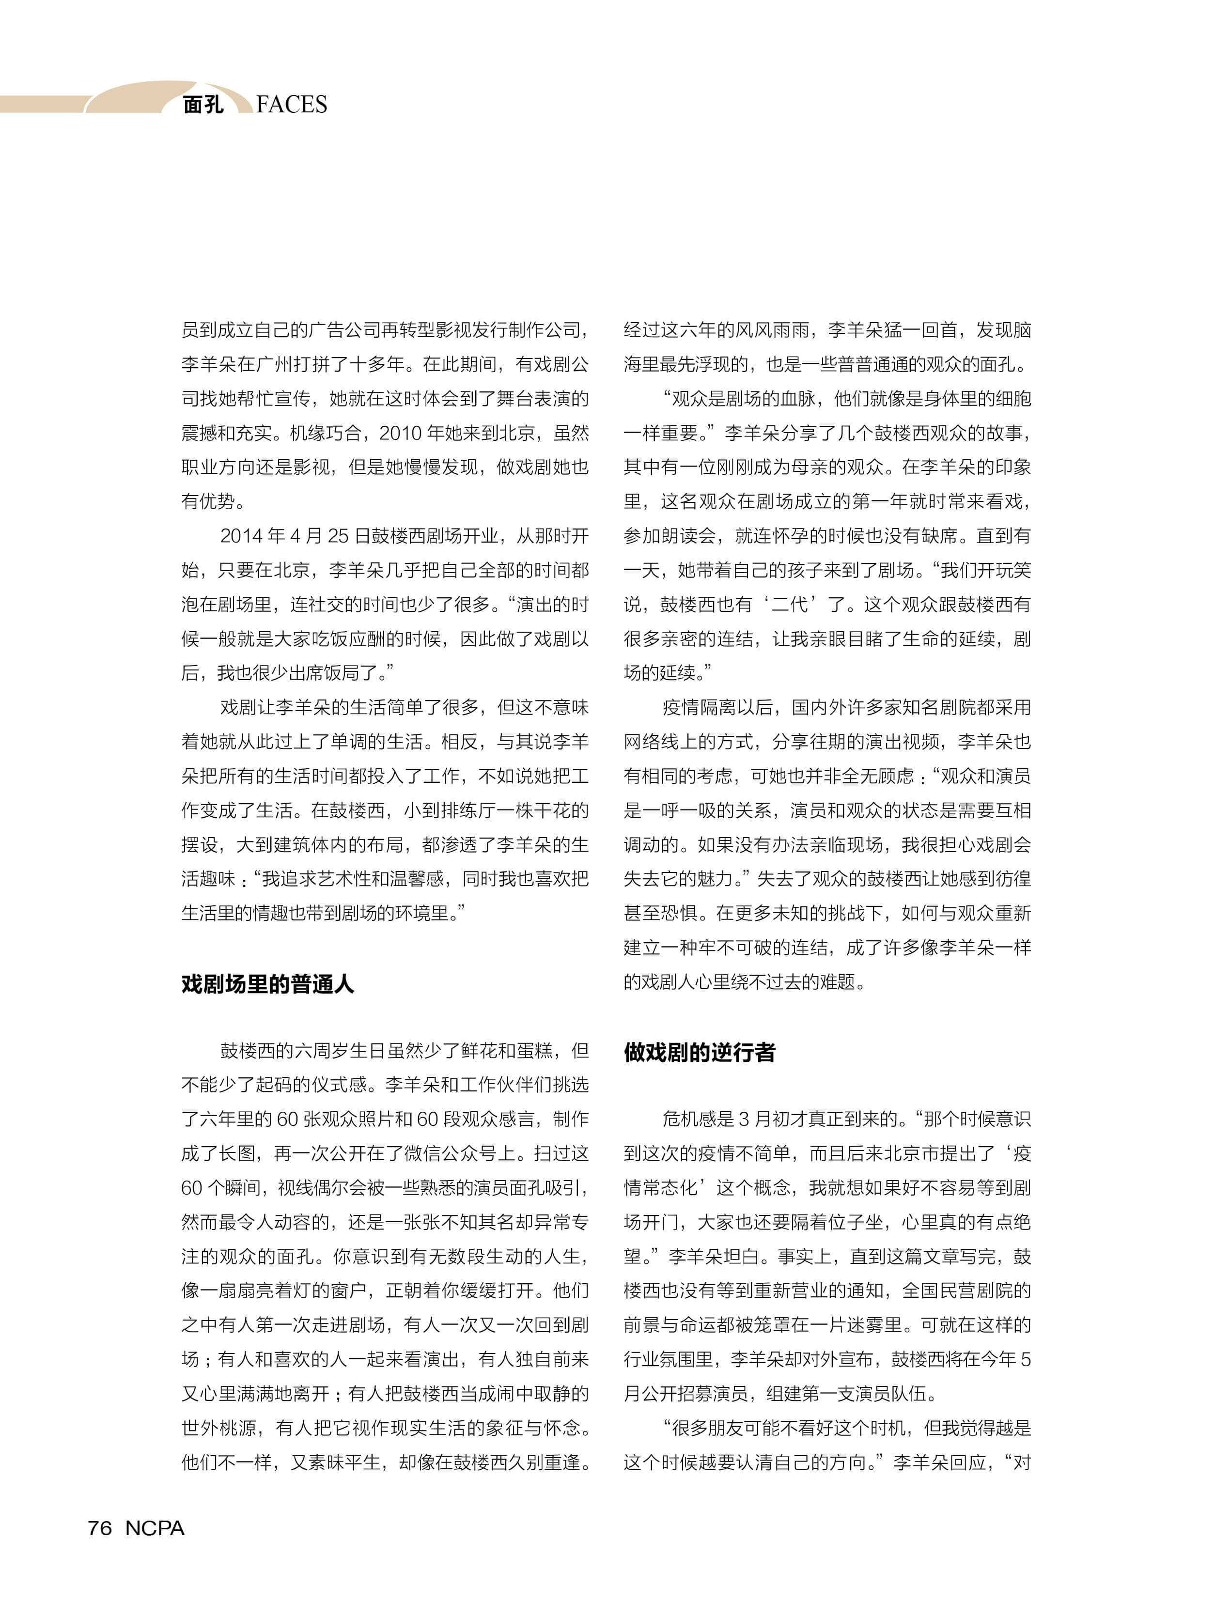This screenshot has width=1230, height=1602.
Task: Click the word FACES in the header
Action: (292, 105)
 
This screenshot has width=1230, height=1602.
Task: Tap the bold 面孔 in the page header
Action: (203, 105)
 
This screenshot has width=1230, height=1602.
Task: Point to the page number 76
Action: (100, 1528)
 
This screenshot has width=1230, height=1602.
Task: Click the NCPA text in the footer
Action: (155, 1528)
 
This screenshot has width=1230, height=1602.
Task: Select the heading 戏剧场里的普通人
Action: (267, 984)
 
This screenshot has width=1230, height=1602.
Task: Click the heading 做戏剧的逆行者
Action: (699, 1052)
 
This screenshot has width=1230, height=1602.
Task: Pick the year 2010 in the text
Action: (400, 433)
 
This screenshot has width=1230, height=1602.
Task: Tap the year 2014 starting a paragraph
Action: (242, 536)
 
